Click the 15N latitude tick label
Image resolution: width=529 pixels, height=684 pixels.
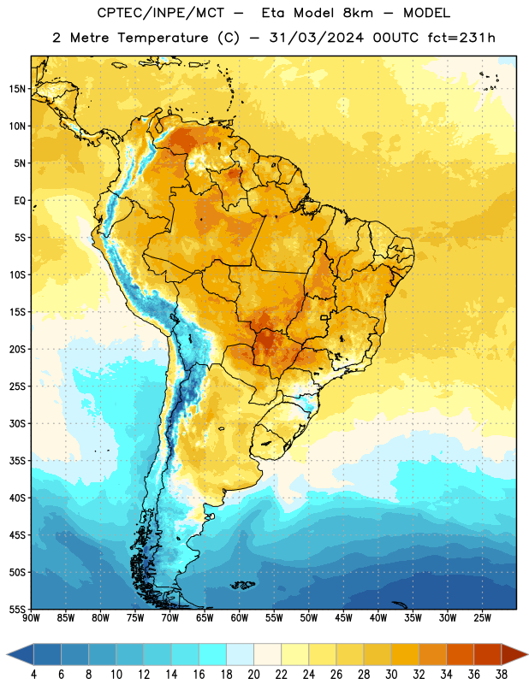(17, 89)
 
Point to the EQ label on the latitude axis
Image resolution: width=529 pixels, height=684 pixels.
(20, 201)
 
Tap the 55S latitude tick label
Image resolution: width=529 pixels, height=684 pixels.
(17, 609)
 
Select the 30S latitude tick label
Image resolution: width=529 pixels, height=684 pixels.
(17, 423)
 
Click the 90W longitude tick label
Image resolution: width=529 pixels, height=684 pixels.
(31, 618)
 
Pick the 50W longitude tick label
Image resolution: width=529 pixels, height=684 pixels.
(308, 618)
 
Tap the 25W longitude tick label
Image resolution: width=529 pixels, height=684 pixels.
(482, 618)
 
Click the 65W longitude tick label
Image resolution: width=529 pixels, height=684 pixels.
(205, 618)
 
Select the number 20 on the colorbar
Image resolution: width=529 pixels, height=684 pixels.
(253, 675)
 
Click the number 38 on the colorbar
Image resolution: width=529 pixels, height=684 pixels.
(502, 675)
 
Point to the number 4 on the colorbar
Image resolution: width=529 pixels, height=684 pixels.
(33, 675)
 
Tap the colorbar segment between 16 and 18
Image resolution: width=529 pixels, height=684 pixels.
(213, 654)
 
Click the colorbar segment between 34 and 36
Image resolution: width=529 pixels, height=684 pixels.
(461, 654)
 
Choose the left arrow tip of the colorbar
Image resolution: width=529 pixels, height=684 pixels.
(7, 654)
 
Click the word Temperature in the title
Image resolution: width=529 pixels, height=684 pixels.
(163, 38)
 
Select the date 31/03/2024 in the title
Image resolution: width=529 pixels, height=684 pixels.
(316, 38)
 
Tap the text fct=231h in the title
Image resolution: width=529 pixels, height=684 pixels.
(461, 38)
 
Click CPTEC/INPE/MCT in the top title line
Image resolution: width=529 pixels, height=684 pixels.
(160, 13)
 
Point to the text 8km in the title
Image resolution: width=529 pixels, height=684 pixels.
(358, 13)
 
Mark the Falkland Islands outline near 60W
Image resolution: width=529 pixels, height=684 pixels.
(243, 585)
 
